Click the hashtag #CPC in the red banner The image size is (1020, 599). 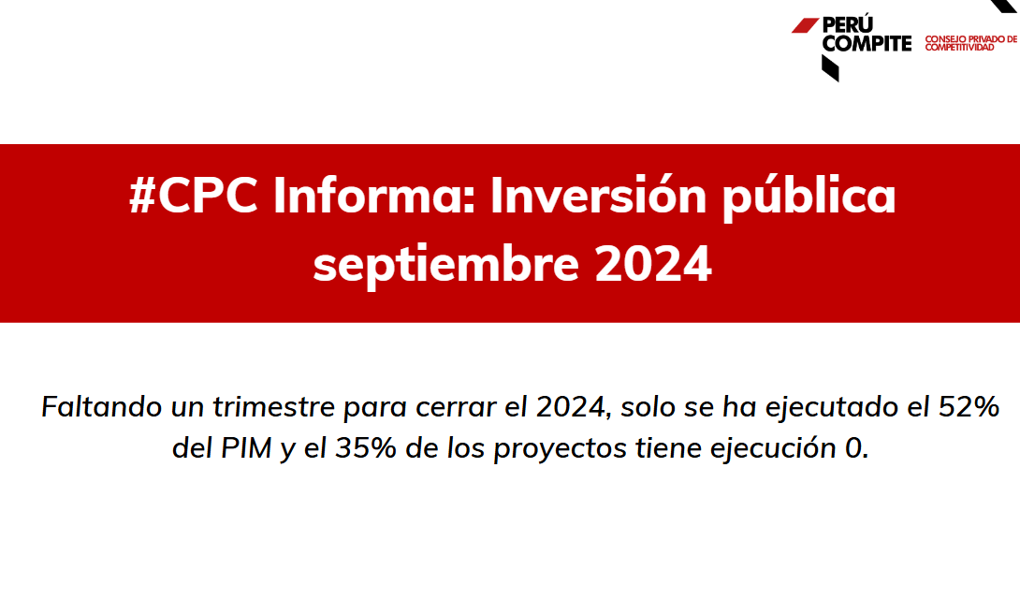point(193,195)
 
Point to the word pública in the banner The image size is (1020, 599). point(809,197)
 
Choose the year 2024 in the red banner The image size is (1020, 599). point(653,263)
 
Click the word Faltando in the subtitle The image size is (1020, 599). point(101,406)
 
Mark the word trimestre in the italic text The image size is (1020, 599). point(273,406)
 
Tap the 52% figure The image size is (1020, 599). point(969,406)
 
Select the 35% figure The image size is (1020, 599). point(366,448)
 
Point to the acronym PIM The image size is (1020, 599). point(246,448)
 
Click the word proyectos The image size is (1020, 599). point(561,449)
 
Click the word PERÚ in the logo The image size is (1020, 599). point(848,24)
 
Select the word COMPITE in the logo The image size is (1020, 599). point(867,44)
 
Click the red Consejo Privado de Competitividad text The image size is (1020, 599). point(970,43)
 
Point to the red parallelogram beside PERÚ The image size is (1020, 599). point(805,25)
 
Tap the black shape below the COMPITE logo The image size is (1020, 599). point(829,68)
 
